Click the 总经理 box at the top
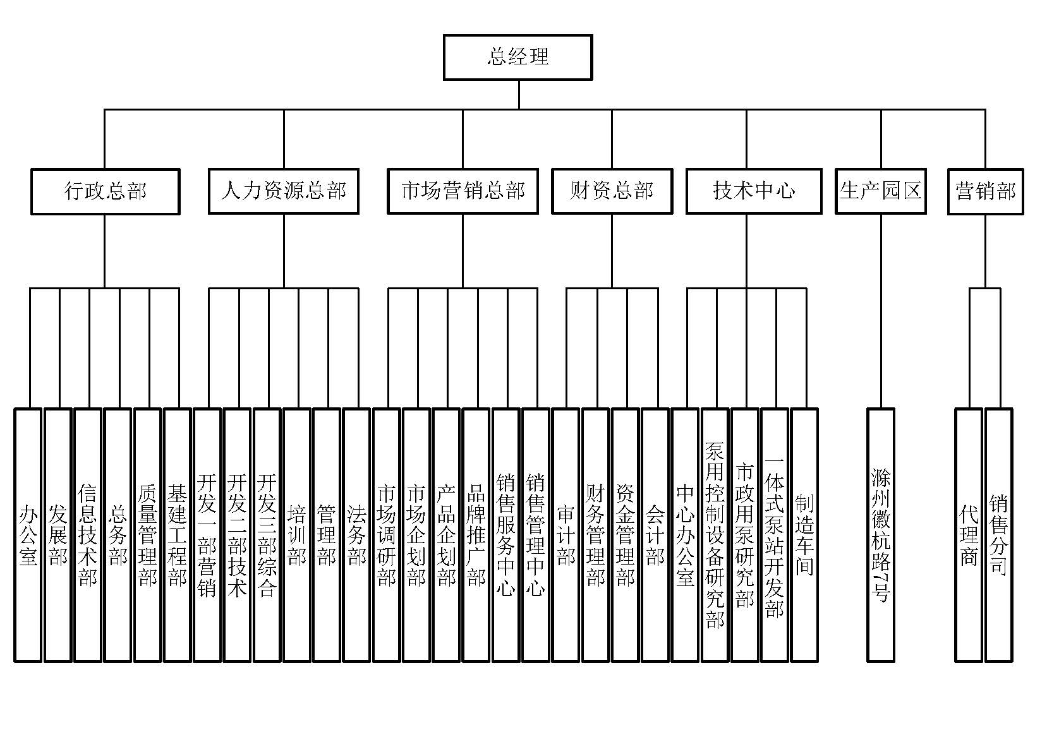pos(518,57)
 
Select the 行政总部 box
pos(105,191)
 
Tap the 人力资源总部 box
pos(284,191)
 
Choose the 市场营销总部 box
pos(463,191)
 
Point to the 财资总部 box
pos(612,191)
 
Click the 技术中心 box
pos(754,191)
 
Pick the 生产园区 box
pos(881,191)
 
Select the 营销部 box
pos(985,191)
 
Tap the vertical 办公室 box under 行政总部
pos(28,536)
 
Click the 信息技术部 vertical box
pos(88,536)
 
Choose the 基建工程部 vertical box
pos(178,536)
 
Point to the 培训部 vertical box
pos(297,536)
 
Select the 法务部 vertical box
pos(356,536)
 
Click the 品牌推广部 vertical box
pos(476,536)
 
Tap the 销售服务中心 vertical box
pos(505,536)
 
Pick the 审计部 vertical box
pos(566,536)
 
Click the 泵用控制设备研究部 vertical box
pos(715,536)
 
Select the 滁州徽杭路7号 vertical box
pos(881,536)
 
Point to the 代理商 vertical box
pos(969,536)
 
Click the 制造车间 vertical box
pos(804,536)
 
